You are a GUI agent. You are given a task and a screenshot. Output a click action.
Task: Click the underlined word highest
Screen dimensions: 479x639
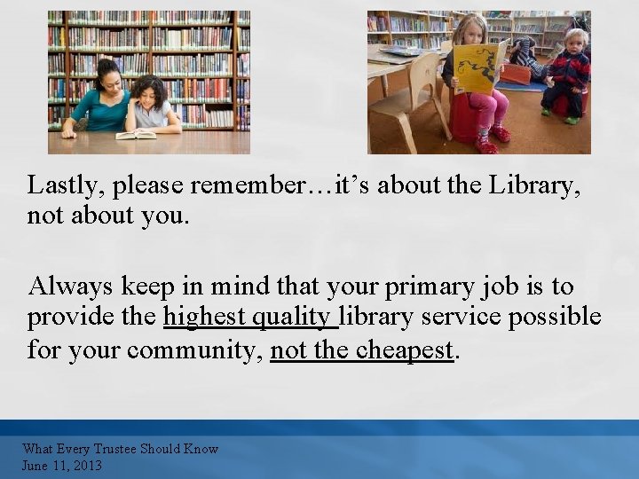pos(204,318)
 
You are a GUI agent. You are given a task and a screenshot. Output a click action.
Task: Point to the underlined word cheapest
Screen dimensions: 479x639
pos(406,350)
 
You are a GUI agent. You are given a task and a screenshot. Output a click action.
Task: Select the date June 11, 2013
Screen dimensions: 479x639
pos(62,465)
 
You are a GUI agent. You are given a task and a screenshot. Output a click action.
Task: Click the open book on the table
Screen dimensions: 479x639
pos(135,134)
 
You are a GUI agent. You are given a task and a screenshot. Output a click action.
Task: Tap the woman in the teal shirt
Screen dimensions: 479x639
pos(99,103)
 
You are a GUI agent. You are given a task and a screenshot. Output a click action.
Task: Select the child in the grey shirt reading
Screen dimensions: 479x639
pos(153,105)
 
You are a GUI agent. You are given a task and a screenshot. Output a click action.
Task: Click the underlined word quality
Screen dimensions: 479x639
pos(294,318)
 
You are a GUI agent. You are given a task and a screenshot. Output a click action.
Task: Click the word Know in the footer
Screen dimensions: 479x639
pos(201,449)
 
